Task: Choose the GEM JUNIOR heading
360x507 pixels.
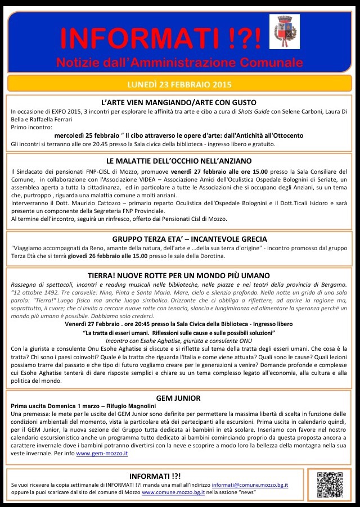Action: (180, 398)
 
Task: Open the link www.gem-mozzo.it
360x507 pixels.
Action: (102, 452)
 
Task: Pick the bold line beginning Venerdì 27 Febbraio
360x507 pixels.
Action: (179, 324)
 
